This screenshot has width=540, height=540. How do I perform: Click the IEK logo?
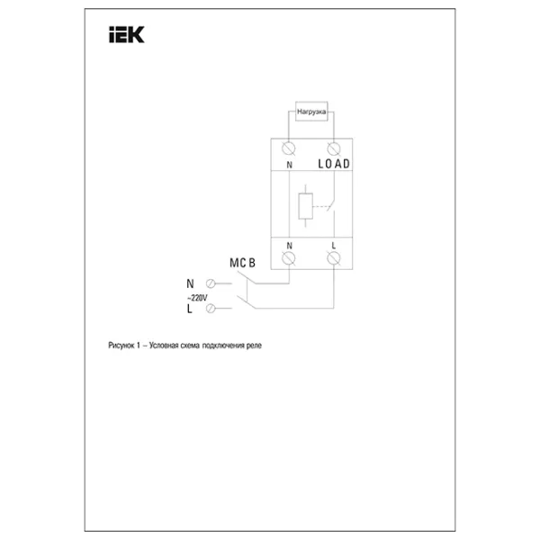(127, 34)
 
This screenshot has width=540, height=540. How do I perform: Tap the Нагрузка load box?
(311, 112)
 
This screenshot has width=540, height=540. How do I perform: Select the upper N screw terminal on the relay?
(289, 148)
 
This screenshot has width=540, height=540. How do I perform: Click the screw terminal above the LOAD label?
(334, 148)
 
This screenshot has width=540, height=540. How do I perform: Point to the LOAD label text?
(334, 164)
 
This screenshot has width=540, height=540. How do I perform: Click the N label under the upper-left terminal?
(289, 165)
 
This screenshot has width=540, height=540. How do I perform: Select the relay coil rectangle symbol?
(305, 206)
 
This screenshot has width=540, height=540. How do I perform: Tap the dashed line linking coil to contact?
(320, 207)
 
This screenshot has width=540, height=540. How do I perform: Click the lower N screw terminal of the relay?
(289, 258)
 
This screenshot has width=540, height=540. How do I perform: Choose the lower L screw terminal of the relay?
(334, 258)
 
